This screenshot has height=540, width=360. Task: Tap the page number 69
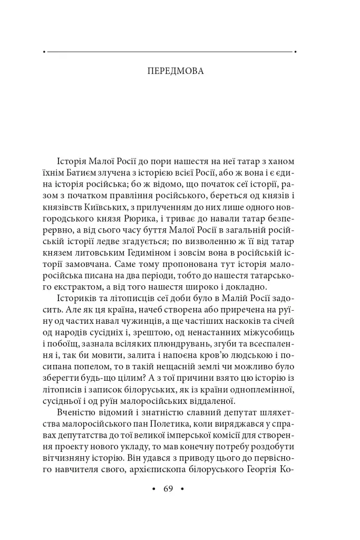(168, 488)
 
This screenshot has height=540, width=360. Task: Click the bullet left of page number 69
(154, 489)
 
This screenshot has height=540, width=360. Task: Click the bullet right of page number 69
(182, 489)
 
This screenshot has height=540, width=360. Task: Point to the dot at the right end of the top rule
(296, 52)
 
